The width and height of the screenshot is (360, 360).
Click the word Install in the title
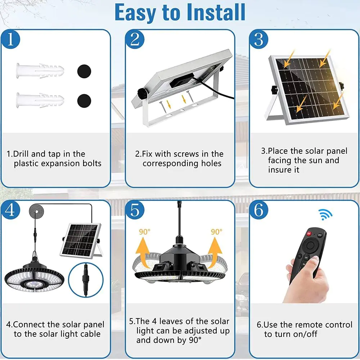216,12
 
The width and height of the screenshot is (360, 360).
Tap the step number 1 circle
10,39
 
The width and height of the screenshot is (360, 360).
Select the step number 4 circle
10,210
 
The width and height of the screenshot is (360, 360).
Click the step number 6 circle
259,210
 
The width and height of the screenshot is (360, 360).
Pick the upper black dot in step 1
84,71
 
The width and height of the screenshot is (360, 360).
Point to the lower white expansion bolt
40,100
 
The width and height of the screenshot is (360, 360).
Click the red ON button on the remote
309,234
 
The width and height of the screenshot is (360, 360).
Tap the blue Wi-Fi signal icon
325,215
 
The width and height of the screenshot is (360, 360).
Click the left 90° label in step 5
145,232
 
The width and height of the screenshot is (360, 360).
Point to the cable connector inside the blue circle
86,280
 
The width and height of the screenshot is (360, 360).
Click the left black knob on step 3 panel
274,89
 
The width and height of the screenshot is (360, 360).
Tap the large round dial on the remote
310,246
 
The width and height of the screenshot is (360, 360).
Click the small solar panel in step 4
81,239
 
